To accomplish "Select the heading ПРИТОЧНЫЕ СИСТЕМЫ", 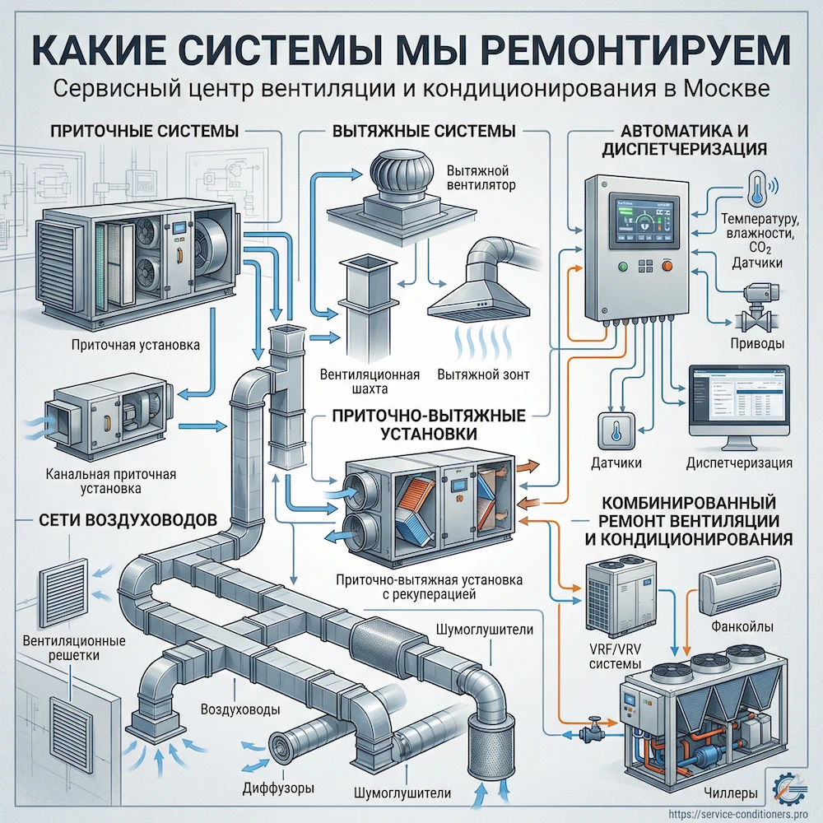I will tap(144, 131).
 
